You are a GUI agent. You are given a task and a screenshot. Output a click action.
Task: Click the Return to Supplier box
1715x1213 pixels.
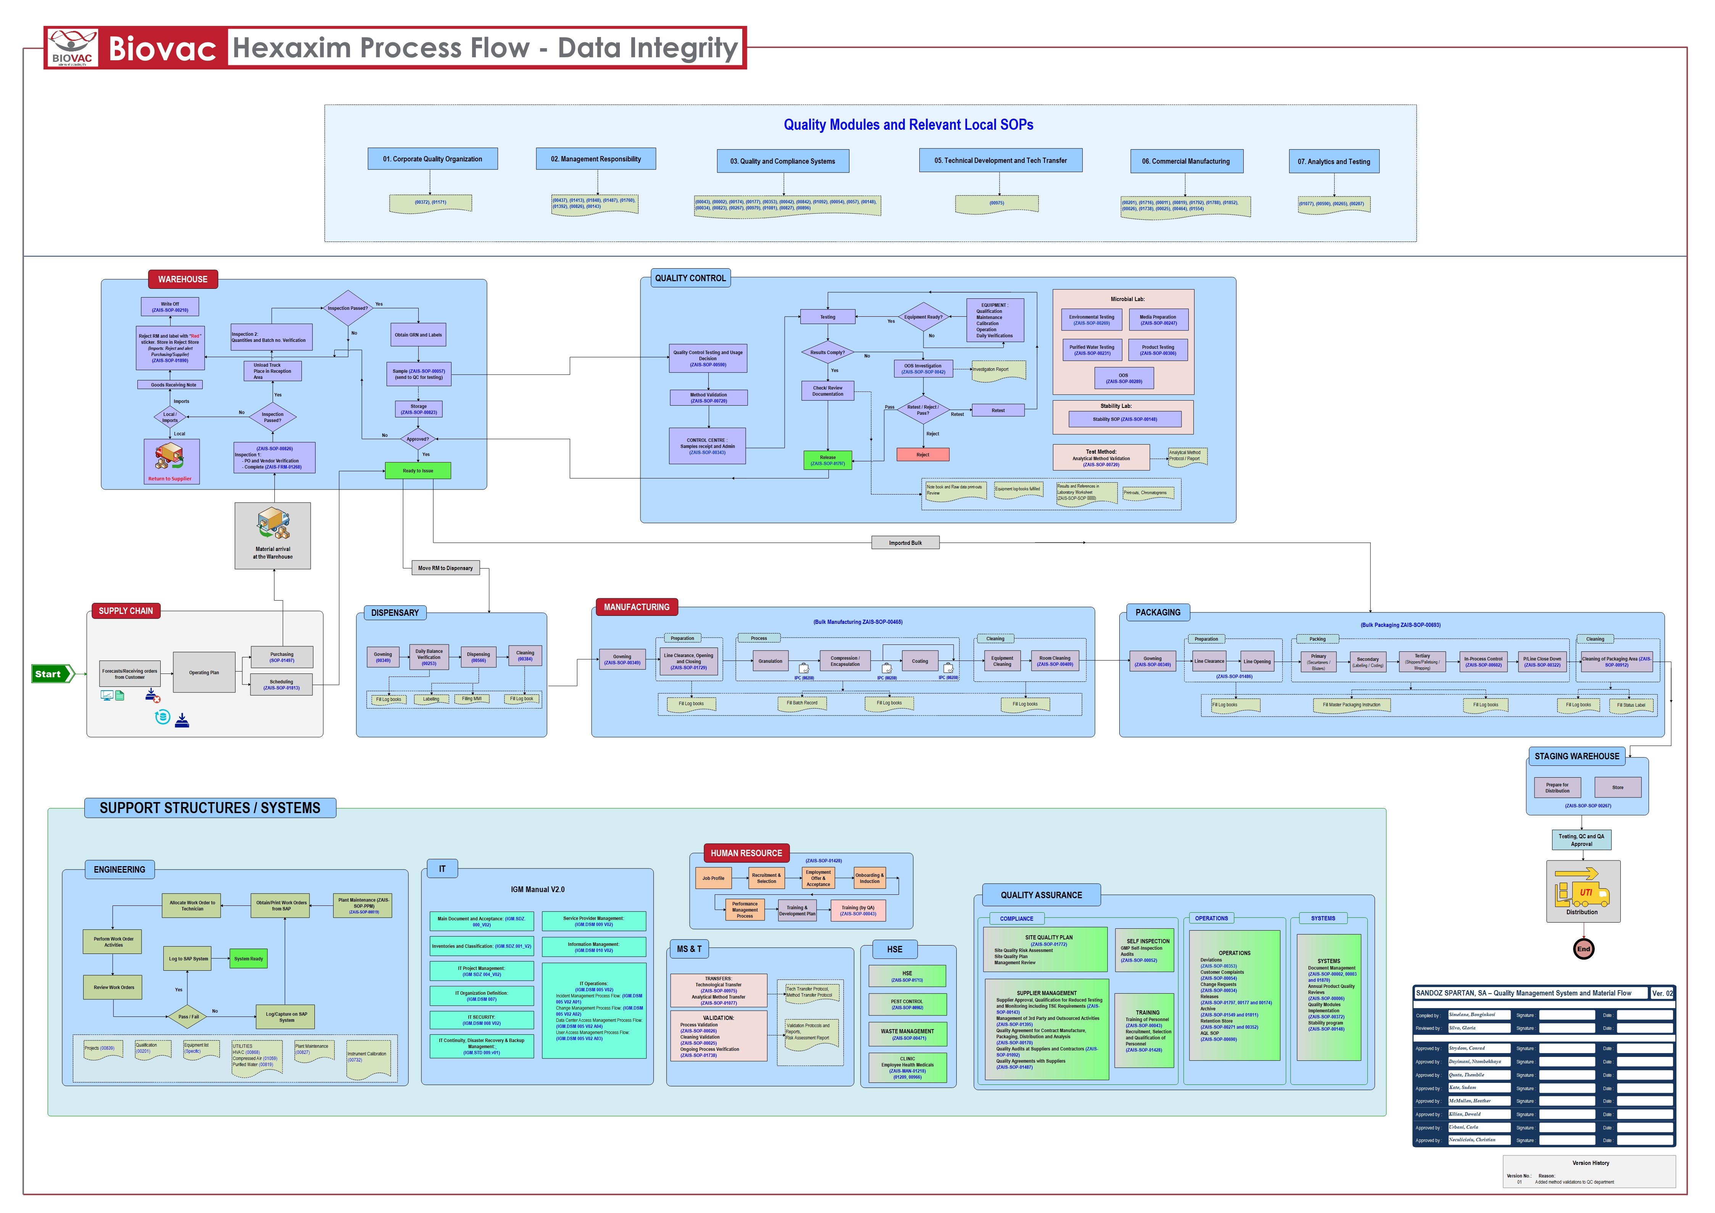pyautogui.click(x=171, y=461)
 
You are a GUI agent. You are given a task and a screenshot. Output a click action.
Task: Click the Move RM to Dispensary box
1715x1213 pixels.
pyautogui.click(x=445, y=568)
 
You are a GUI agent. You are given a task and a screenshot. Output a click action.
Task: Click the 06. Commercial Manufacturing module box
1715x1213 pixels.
pyautogui.click(x=1186, y=161)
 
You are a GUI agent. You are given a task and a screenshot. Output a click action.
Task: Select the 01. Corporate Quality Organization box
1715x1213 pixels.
pyautogui.click(x=432, y=159)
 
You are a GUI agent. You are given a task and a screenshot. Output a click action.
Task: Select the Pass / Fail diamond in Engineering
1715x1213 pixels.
pyautogui.click(x=188, y=1016)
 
